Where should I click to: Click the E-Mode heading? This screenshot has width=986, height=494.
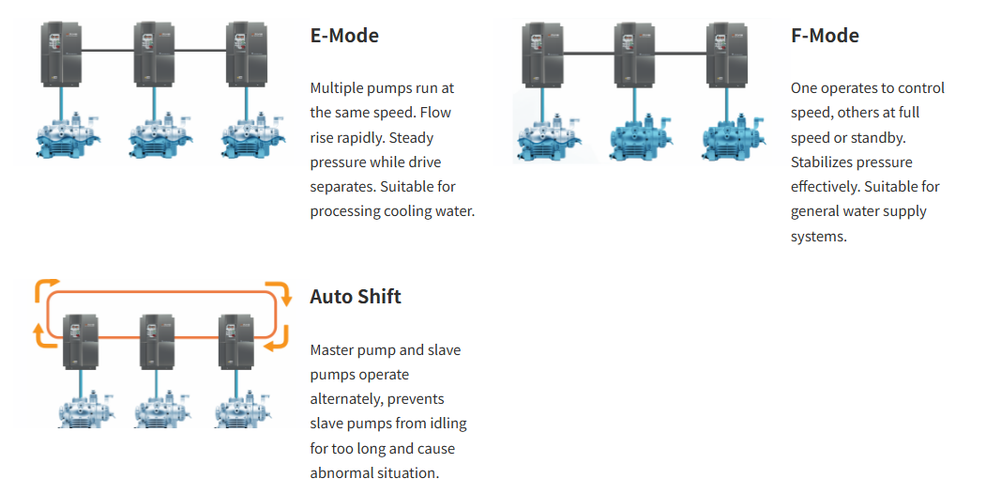click(344, 36)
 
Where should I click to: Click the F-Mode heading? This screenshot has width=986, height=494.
click(825, 36)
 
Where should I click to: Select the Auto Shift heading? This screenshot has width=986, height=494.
click(356, 297)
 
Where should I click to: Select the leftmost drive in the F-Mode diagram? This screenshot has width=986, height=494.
click(541, 55)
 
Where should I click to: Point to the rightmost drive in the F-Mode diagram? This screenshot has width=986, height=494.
click(726, 55)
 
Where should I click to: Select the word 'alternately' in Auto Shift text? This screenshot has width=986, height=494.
click(345, 399)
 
